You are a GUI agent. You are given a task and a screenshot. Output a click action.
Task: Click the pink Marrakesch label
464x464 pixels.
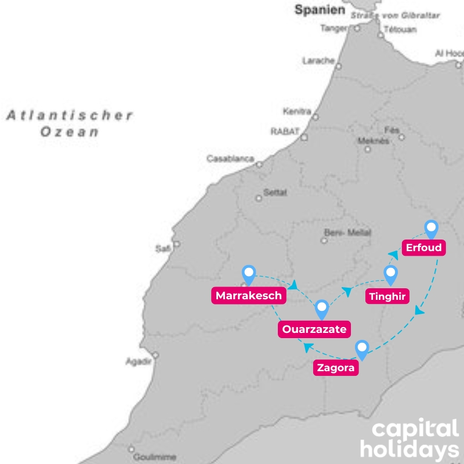click(x=249, y=296)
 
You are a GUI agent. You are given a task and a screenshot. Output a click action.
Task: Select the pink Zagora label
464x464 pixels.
click(x=336, y=368)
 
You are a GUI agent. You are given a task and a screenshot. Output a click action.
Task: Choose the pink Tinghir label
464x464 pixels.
click(x=389, y=296)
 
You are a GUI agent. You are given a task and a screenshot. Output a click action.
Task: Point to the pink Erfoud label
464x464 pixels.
click(x=424, y=248)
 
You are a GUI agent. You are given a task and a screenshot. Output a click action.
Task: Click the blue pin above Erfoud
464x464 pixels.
click(x=431, y=229)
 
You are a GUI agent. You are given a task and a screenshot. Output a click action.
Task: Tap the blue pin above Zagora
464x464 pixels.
click(x=362, y=349)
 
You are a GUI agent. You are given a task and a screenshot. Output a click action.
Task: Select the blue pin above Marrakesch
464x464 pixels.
click(x=249, y=274)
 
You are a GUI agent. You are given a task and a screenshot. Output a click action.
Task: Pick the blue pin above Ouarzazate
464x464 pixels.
click(x=321, y=309)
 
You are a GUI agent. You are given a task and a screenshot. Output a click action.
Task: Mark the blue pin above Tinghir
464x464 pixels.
click(x=390, y=274)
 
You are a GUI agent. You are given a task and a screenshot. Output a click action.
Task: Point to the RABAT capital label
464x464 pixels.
click(x=284, y=132)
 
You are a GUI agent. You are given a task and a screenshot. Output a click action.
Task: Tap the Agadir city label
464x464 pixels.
click(x=138, y=361)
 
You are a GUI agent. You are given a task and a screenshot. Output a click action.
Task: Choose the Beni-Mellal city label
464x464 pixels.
click(x=341, y=233)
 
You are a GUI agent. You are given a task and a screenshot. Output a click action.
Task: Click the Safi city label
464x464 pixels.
click(x=162, y=249)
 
